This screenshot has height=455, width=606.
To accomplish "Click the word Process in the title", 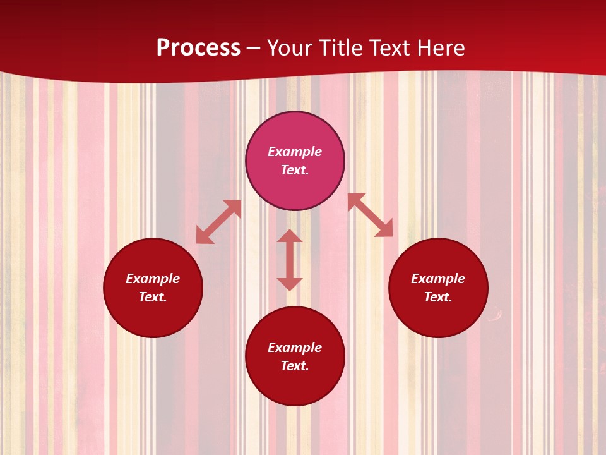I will pyautogui.click(x=198, y=48).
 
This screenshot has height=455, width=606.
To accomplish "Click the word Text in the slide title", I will pyautogui.click(x=393, y=48).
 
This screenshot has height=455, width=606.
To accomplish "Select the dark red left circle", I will pyautogui.click(x=153, y=316).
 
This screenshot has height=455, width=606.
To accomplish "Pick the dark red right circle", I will pyautogui.click(x=438, y=316).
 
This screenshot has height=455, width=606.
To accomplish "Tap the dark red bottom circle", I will pyautogui.click(x=295, y=385).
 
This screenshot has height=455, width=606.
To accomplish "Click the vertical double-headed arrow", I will pyautogui.click(x=290, y=260).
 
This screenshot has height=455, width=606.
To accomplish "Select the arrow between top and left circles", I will pyautogui.click(x=219, y=222).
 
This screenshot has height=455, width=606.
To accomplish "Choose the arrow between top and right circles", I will pyautogui.click(x=370, y=215).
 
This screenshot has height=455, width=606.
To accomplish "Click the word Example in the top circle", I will pyautogui.click(x=295, y=152).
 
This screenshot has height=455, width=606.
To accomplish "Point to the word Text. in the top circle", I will pyautogui.click(x=295, y=170).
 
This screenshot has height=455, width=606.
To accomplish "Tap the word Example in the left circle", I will pyautogui.click(x=153, y=279).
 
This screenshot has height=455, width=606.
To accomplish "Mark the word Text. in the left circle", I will pyautogui.click(x=153, y=297).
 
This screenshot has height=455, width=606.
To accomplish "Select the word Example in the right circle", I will pyautogui.click(x=438, y=279).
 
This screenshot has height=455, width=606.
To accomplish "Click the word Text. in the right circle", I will pyautogui.click(x=438, y=297).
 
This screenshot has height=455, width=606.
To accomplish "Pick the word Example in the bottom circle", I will pyautogui.click(x=295, y=348).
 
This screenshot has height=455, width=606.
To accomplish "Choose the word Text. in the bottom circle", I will pyautogui.click(x=295, y=366).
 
